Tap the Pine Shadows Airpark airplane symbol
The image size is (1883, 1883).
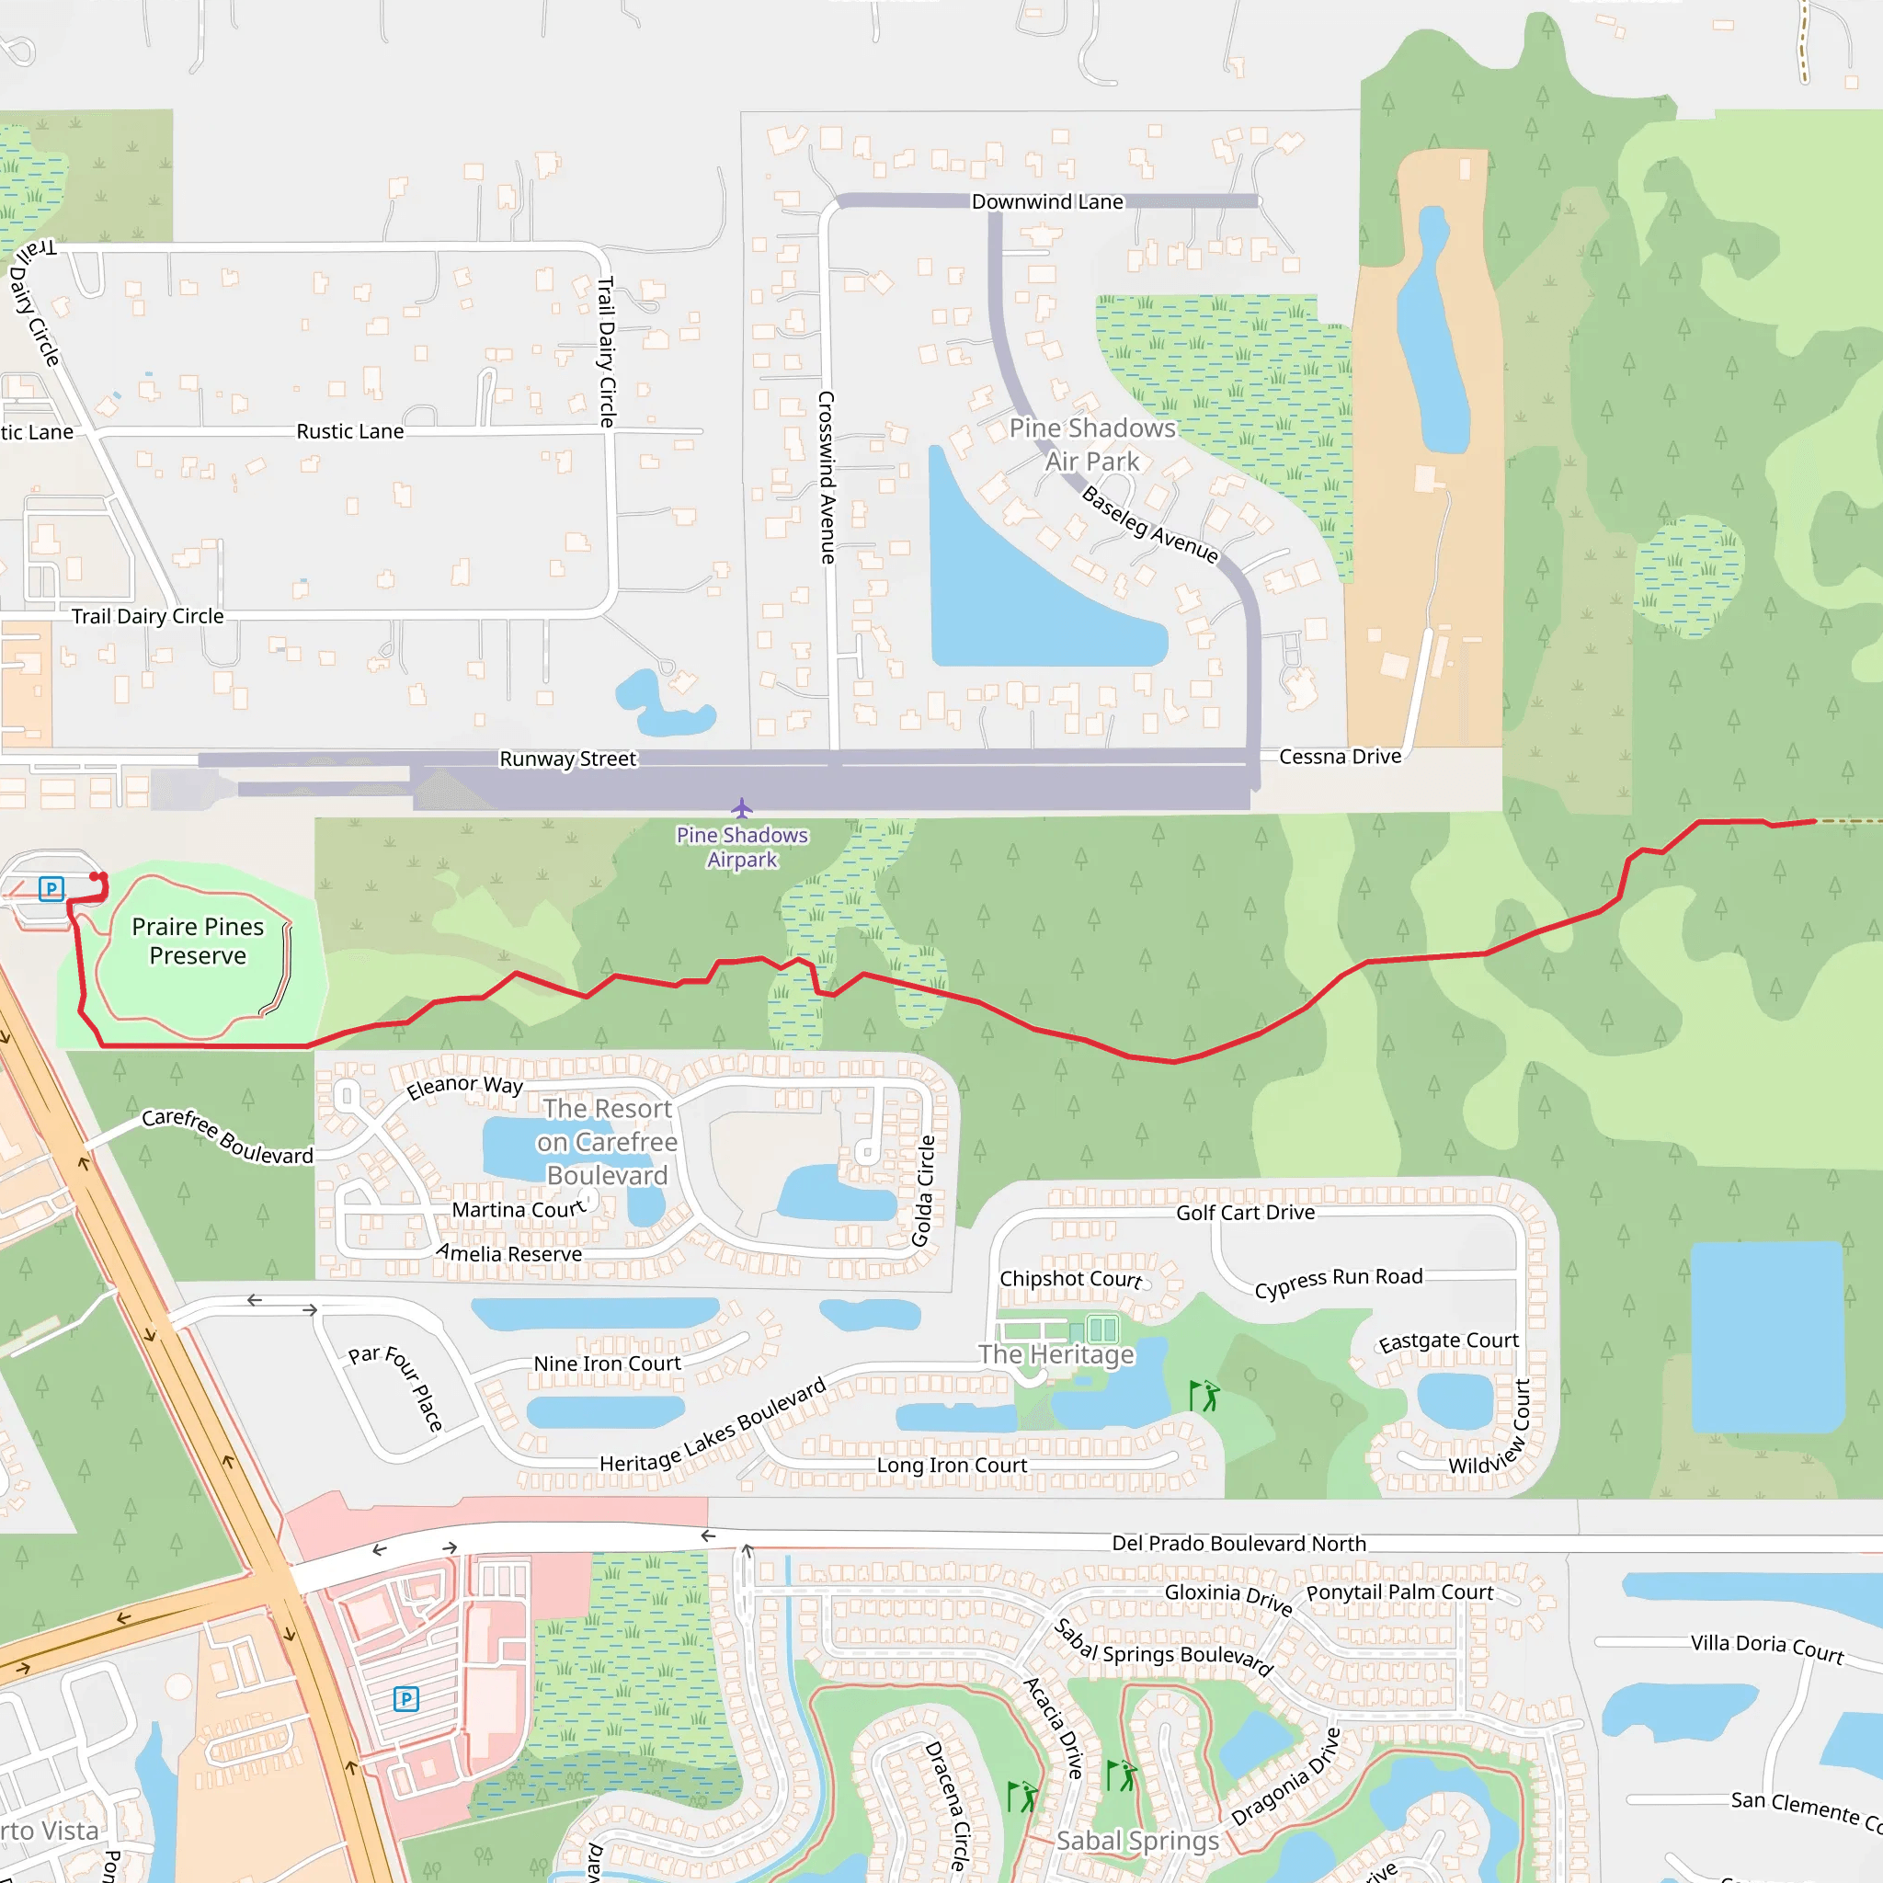742,809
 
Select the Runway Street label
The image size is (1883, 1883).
567,759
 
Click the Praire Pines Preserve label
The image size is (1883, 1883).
198,941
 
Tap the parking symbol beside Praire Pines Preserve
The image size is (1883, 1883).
51,888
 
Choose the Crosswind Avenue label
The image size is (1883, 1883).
827,477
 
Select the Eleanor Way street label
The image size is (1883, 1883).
465,1086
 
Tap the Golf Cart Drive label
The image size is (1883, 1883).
1245,1213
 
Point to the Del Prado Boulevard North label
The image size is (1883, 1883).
1238,1543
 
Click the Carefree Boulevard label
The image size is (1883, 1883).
227,1136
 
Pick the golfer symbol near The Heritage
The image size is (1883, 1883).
1204,1395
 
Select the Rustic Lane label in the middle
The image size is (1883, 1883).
350,431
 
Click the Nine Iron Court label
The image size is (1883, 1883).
606,1364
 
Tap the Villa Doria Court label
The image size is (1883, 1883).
1766,1649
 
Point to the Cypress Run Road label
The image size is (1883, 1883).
1338,1282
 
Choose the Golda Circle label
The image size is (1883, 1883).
923,1191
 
